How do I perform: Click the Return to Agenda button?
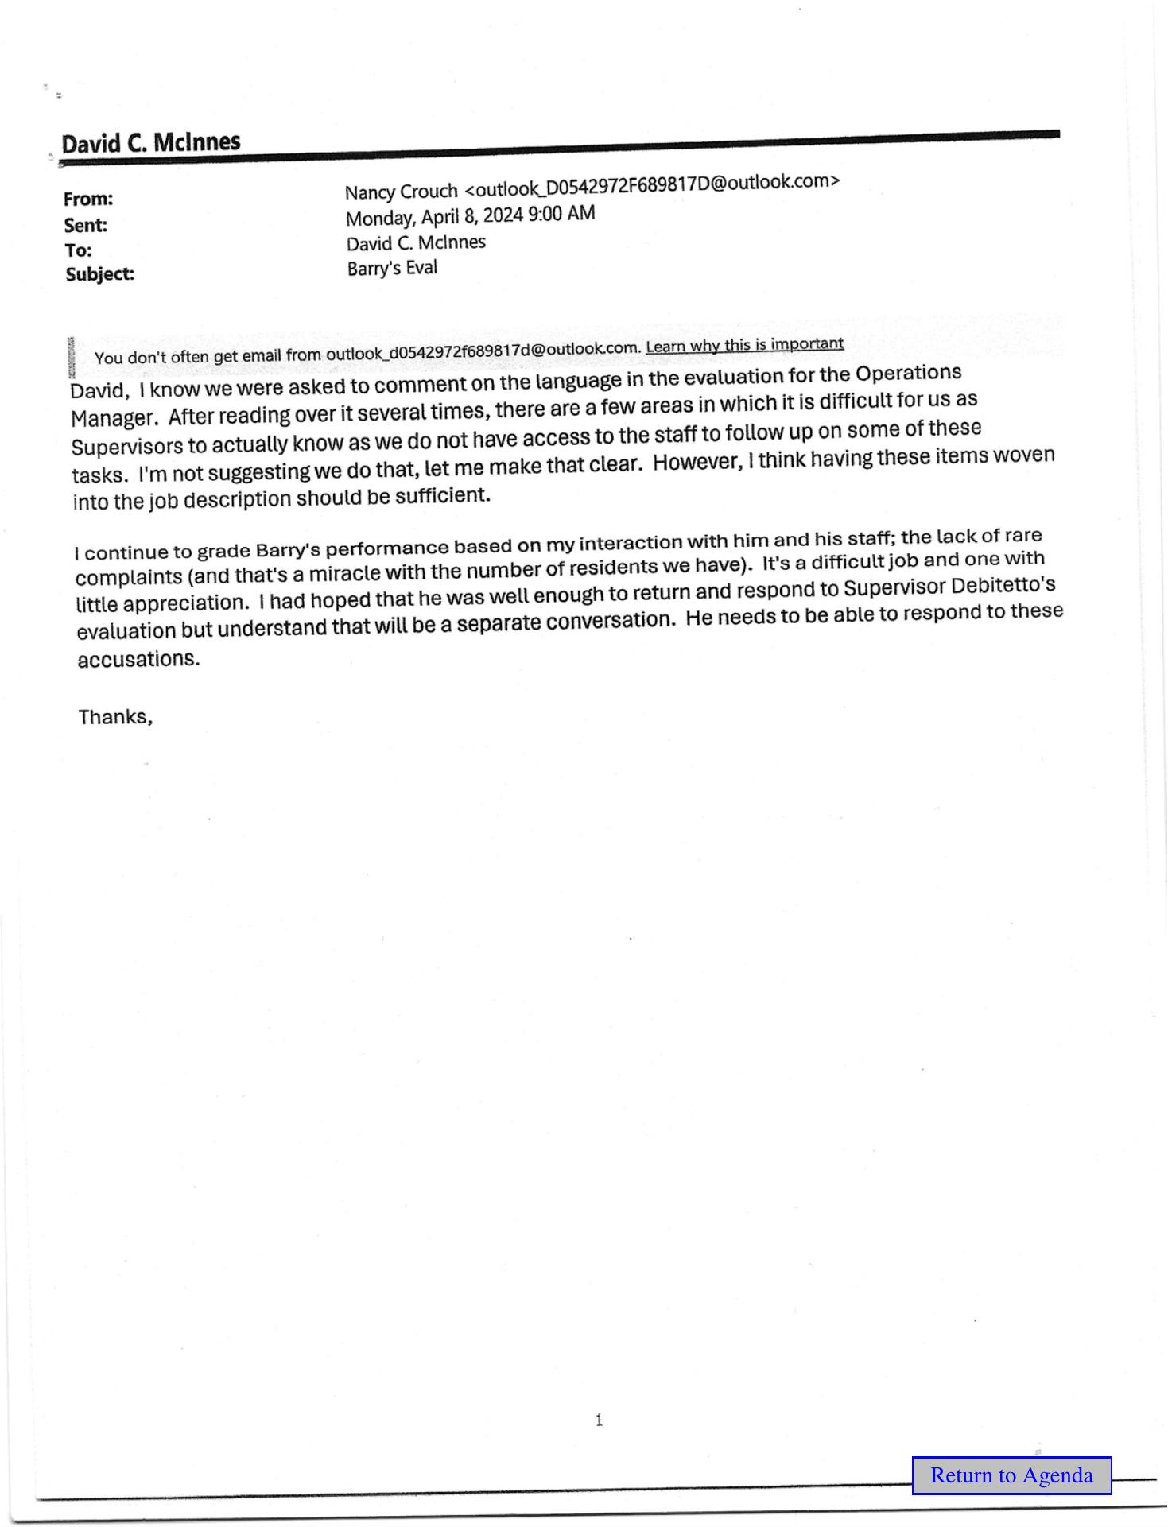point(1011,1475)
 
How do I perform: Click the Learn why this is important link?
point(744,345)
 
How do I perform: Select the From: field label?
point(88,199)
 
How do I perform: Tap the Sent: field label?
point(86,225)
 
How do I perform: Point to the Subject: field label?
point(100,274)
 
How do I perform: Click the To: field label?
point(78,250)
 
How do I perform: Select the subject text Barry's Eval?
point(392,269)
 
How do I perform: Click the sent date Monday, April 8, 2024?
point(434,217)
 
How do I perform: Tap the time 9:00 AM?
point(561,213)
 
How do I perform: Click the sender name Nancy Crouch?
point(402,192)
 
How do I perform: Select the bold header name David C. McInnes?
point(151,143)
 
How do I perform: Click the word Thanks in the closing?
point(114,716)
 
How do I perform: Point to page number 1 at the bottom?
point(599,1420)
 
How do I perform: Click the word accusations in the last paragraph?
point(138,659)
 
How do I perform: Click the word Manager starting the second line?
point(113,418)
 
